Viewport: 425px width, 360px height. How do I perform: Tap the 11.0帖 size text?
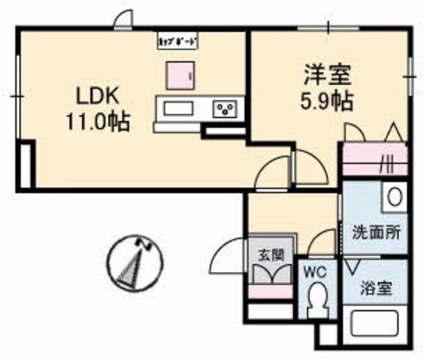point(97,119)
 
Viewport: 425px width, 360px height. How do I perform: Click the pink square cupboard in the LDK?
point(180,74)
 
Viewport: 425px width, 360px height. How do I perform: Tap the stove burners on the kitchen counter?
point(226,109)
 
